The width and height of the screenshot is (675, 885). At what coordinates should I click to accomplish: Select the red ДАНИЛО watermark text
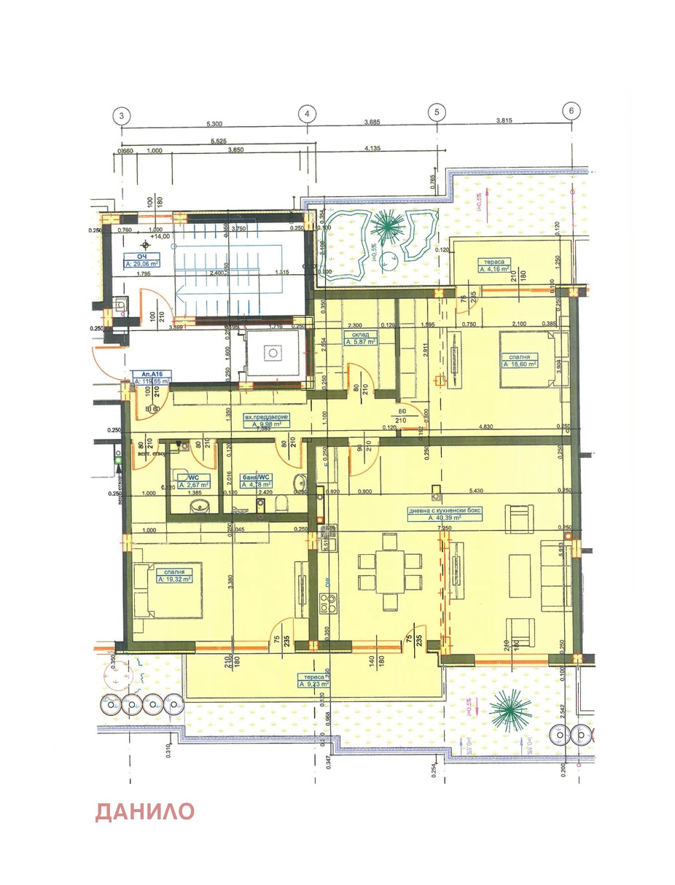click(145, 811)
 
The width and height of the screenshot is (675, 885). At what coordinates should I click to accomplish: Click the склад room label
click(356, 334)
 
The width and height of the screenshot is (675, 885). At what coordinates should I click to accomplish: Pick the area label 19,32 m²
click(173, 580)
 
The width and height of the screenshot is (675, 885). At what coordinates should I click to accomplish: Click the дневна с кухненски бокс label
click(445, 511)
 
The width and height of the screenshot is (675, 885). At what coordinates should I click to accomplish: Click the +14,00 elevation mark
click(159, 237)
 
